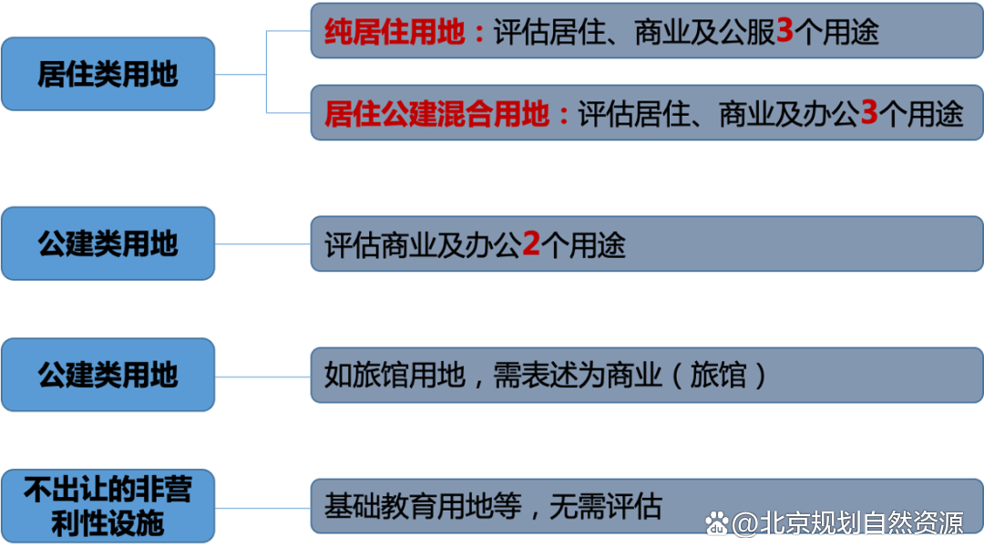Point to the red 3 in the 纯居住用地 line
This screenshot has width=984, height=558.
[x=784, y=32]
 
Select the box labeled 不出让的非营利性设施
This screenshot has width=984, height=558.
[x=108, y=506]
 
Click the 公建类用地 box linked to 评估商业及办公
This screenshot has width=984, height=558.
[x=108, y=243]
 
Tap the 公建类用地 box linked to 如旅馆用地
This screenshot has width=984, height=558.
[x=108, y=375]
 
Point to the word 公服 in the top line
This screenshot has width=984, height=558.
[x=746, y=32]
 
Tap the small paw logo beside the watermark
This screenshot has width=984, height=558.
[x=717, y=525]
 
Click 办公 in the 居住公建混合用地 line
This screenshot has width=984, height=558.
[x=830, y=114]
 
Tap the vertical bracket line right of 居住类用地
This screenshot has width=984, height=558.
[x=266, y=73]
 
